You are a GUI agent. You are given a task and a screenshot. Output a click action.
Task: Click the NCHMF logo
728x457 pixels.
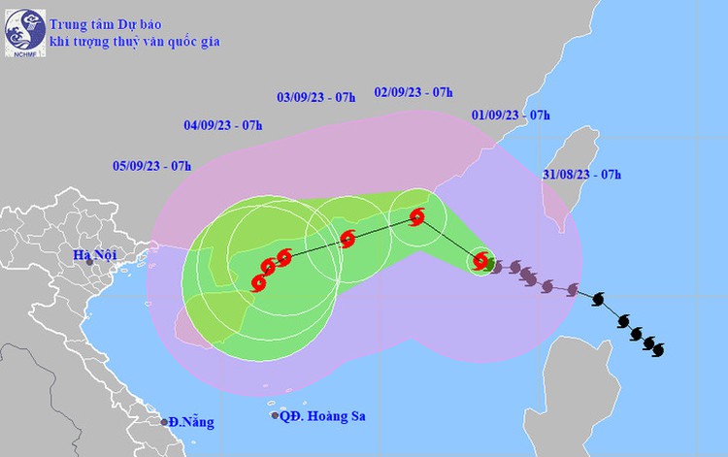pos(20,32)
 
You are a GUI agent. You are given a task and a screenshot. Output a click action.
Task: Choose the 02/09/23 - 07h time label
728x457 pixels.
pos(414,91)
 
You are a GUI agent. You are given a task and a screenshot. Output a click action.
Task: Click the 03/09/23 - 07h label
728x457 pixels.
pos(316,97)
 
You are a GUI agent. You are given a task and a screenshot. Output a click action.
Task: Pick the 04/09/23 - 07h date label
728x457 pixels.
pos(222,125)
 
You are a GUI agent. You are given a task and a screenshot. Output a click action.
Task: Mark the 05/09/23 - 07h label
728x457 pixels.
pos(151,166)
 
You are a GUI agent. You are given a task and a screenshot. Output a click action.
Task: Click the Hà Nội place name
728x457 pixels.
pos(82,255)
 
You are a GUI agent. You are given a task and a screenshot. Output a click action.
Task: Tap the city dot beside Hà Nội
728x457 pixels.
pos(89,263)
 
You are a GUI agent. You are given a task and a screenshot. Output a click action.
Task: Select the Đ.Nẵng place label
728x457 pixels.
pos(191,422)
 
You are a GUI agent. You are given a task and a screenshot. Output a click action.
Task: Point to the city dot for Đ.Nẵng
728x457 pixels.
pos(164,421)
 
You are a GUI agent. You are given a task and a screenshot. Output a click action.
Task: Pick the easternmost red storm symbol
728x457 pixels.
pos(480,260)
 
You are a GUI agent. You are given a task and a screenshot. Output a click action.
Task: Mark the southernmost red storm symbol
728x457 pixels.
pos(258,283)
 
